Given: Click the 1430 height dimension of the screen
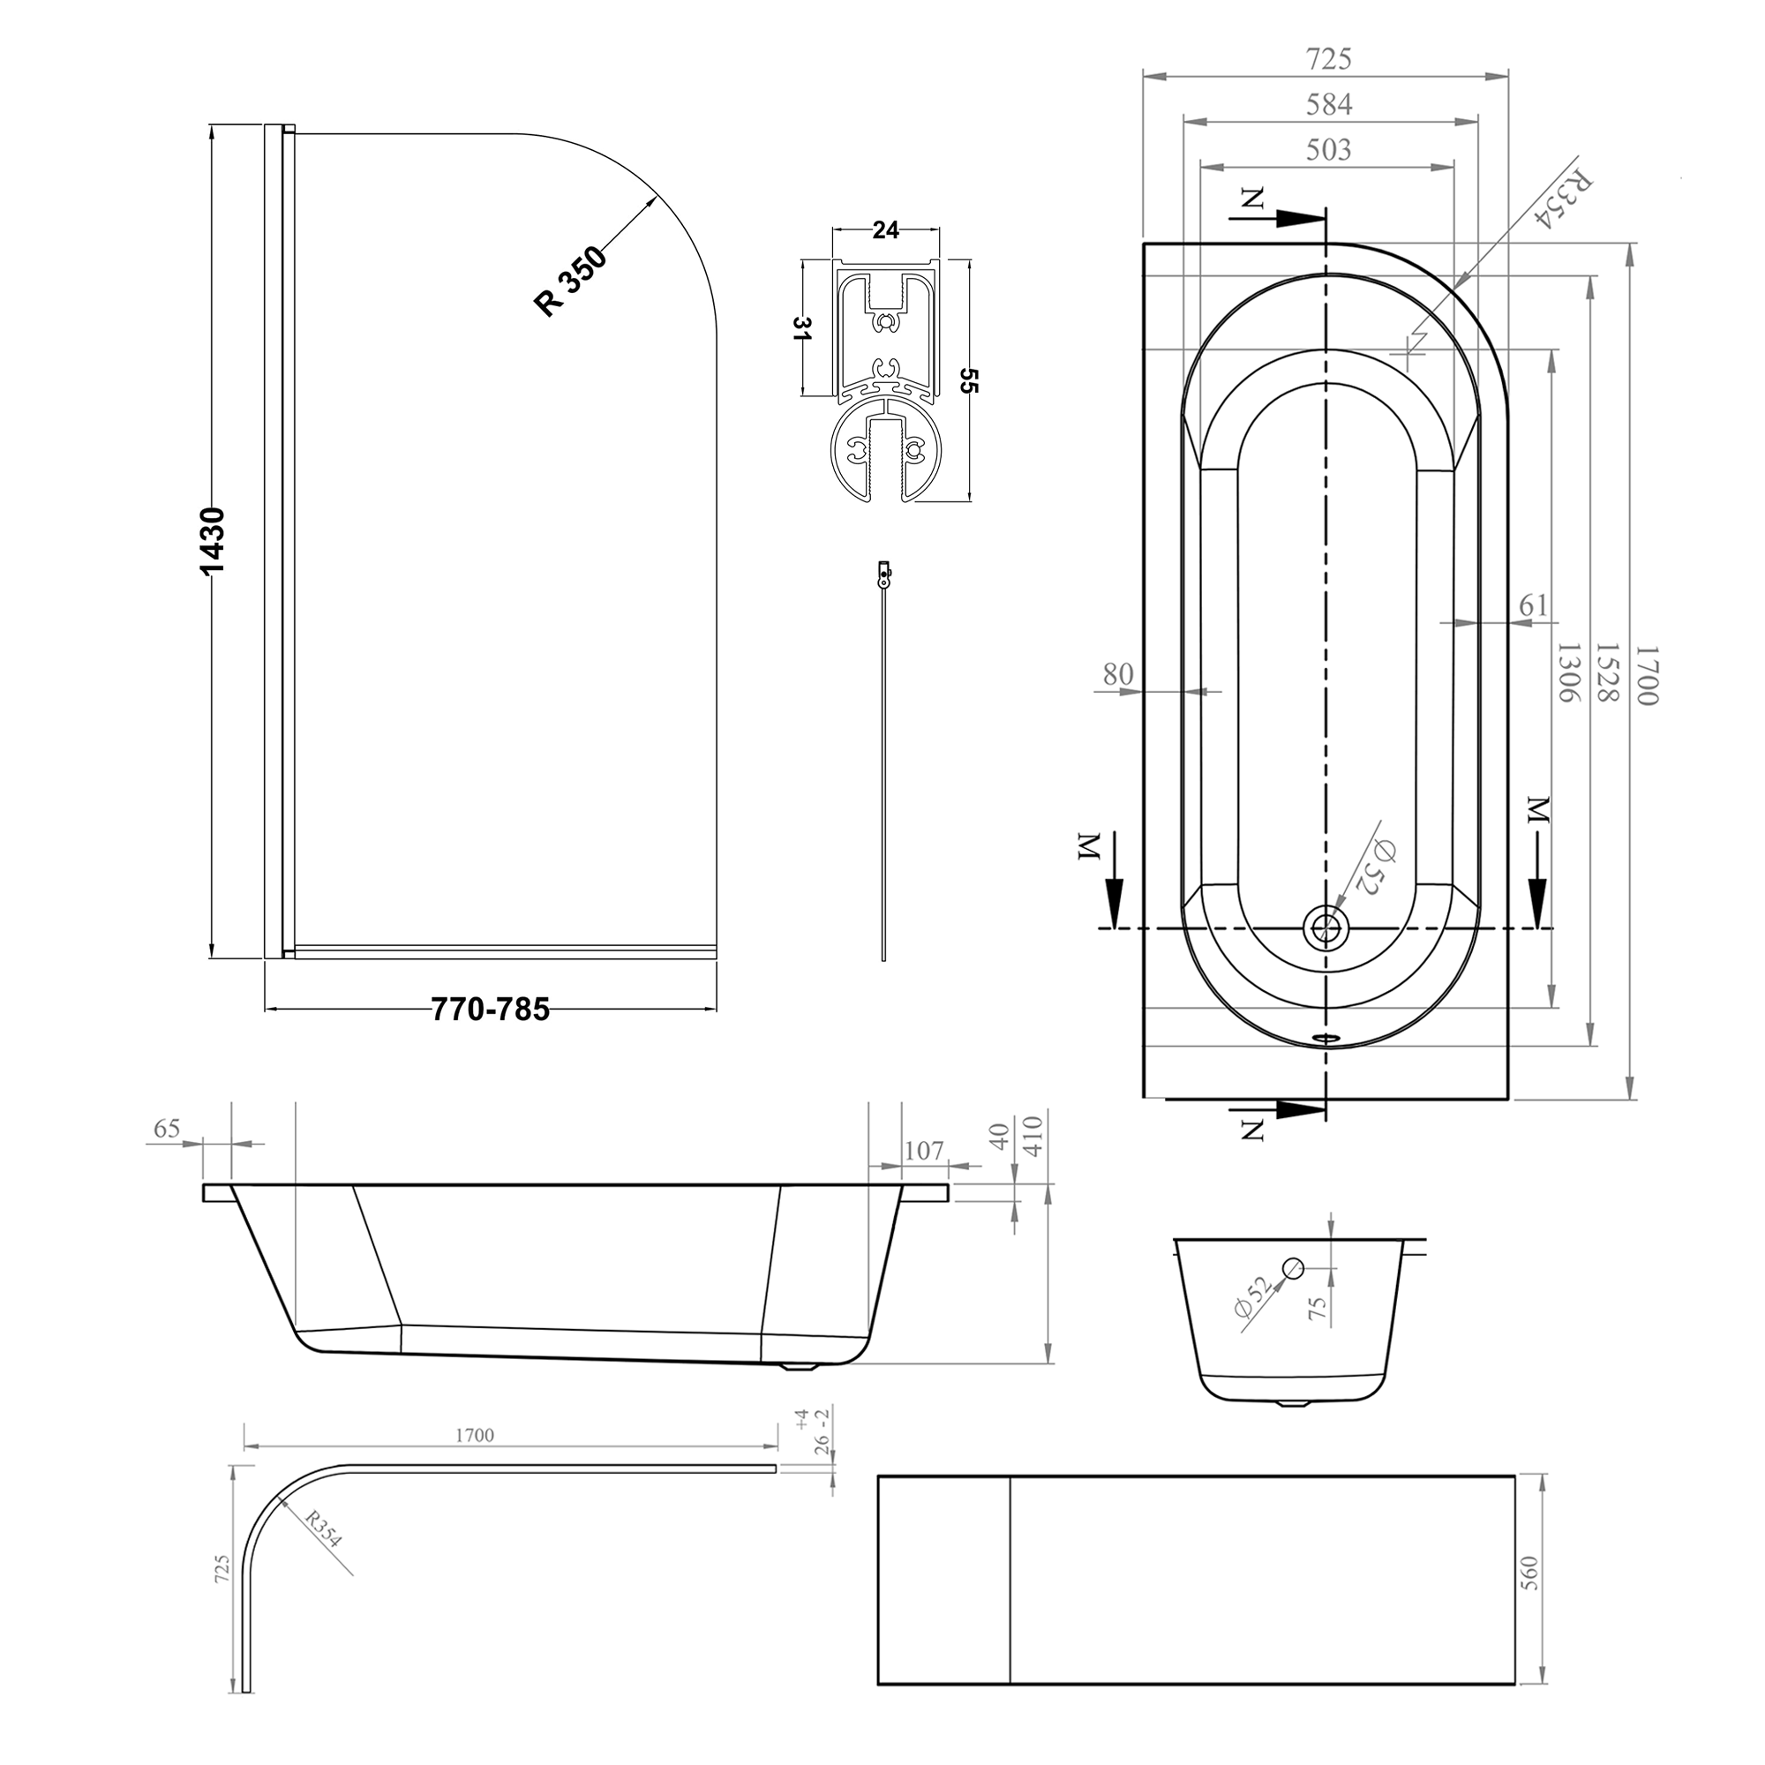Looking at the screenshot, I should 212,541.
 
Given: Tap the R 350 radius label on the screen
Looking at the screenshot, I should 571,282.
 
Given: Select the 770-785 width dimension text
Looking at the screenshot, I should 491,1010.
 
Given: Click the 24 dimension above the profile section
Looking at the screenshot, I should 885,230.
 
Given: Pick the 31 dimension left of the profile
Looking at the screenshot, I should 801,328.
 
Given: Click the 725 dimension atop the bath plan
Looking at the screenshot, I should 1327,60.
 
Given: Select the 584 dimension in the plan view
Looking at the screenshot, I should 1327,105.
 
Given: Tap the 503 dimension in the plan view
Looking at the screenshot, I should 1327,149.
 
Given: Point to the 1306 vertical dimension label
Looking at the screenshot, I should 1566,672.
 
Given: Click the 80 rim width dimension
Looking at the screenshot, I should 1117,674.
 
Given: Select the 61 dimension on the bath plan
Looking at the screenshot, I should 1534,605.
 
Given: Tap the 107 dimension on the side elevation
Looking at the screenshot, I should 924,1150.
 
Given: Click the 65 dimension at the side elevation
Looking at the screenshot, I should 167,1128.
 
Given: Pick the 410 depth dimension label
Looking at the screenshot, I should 1033,1136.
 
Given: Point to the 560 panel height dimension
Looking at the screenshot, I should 1530,1573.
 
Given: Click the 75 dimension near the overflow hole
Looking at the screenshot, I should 1317,1309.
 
